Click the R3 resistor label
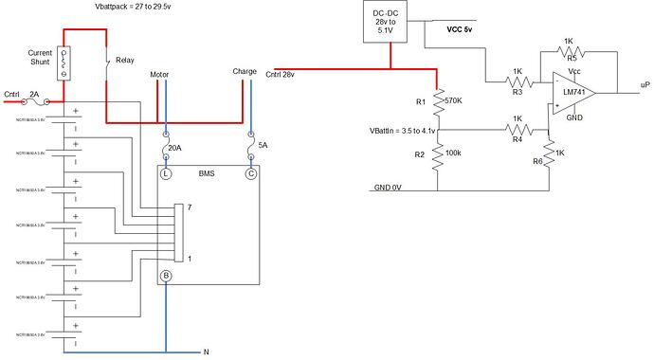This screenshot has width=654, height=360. [x=518, y=92]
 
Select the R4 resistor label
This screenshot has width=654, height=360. [x=518, y=138]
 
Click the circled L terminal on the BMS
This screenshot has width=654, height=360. [x=167, y=174]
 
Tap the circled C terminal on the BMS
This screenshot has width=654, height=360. [x=250, y=174]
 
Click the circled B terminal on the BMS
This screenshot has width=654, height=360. [x=167, y=276]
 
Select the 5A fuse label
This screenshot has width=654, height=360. [x=263, y=148]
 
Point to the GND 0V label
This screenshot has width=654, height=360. [x=389, y=188]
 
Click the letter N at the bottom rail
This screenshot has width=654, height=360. [x=206, y=352]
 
